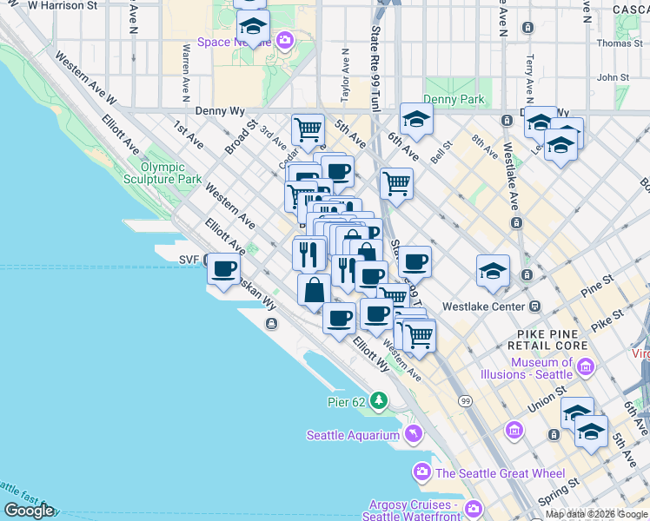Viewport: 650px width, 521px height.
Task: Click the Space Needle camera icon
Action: [x=284, y=40]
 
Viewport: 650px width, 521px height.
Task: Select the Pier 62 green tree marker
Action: [x=378, y=400]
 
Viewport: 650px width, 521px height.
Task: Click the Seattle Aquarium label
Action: [x=352, y=435]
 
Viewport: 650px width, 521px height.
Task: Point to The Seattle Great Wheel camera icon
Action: [x=422, y=472]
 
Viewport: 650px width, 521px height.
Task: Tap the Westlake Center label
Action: [x=483, y=307]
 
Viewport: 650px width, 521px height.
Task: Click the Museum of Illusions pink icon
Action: [x=585, y=368]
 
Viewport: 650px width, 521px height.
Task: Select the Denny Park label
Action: [x=454, y=100]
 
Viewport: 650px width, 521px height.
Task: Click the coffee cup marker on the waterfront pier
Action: [x=223, y=268]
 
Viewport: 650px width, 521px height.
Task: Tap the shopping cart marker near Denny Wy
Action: [x=308, y=129]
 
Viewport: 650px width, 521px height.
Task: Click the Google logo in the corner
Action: [x=29, y=511]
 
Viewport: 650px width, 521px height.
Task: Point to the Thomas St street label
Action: [x=619, y=43]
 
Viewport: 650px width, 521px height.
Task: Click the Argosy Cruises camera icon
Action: [x=474, y=509]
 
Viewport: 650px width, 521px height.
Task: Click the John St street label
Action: [x=613, y=77]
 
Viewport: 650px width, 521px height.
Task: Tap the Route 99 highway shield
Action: [x=467, y=400]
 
